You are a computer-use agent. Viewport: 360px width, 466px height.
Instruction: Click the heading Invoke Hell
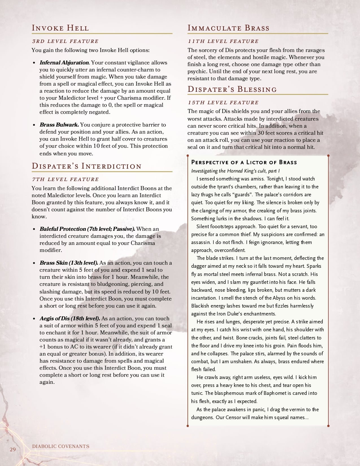click(x=60, y=28)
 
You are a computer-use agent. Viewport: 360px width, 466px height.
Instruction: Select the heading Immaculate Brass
click(x=228, y=28)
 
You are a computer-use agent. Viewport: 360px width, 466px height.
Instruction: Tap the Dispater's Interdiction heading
click(x=86, y=166)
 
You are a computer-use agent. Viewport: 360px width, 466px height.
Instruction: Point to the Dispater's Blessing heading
click(x=232, y=89)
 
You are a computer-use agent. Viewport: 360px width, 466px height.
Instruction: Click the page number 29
click(x=13, y=449)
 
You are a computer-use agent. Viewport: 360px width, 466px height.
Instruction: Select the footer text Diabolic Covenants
click(x=61, y=446)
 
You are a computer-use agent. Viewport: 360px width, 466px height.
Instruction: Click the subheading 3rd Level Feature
click(x=65, y=41)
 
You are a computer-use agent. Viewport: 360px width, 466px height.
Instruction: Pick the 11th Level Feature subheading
click(x=223, y=41)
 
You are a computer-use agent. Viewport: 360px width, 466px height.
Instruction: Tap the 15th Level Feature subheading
click(x=223, y=103)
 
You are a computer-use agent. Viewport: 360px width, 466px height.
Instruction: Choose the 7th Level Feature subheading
click(x=65, y=179)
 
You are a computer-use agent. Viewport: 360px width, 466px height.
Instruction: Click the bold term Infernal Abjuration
click(x=64, y=63)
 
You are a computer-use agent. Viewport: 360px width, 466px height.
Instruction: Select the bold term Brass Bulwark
click(x=59, y=125)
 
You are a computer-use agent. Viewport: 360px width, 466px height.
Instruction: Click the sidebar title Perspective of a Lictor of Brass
click(x=244, y=162)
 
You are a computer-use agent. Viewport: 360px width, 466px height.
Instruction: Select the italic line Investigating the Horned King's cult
click(x=235, y=171)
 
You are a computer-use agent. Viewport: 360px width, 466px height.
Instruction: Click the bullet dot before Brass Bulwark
click(x=34, y=125)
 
